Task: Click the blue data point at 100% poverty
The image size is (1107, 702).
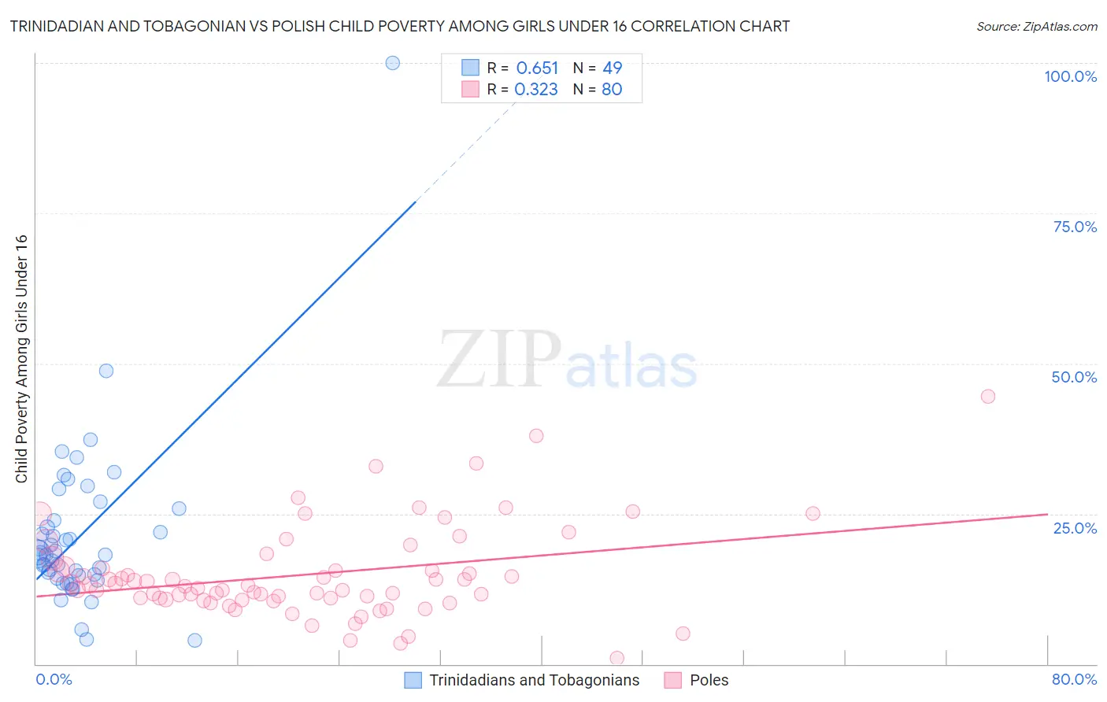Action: click(393, 63)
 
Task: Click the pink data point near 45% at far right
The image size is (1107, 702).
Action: click(987, 396)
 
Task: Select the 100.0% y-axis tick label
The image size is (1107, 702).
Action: click(1070, 76)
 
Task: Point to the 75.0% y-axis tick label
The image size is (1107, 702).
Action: click(1075, 227)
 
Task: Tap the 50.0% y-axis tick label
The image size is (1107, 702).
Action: click(1074, 377)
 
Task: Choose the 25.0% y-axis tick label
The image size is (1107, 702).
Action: click(1075, 528)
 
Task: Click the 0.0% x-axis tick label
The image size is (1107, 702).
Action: click(54, 679)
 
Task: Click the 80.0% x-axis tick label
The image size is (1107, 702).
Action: click(1074, 679)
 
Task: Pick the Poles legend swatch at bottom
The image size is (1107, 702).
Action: click(672, 680)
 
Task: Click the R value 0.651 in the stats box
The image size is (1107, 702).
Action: click(537, 68)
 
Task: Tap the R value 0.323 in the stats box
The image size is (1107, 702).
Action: click(536, 90)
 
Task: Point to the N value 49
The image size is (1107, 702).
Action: click(613, 68)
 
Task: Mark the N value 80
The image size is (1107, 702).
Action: click(612, 90)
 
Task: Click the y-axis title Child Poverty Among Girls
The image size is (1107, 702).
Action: click(21, 359)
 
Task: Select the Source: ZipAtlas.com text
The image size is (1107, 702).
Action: click(1036, 27)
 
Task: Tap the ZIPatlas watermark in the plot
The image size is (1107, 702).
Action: click(567, 360)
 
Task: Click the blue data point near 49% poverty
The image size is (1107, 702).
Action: click(106, 371)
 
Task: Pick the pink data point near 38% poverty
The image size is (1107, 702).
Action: click(536, 435)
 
